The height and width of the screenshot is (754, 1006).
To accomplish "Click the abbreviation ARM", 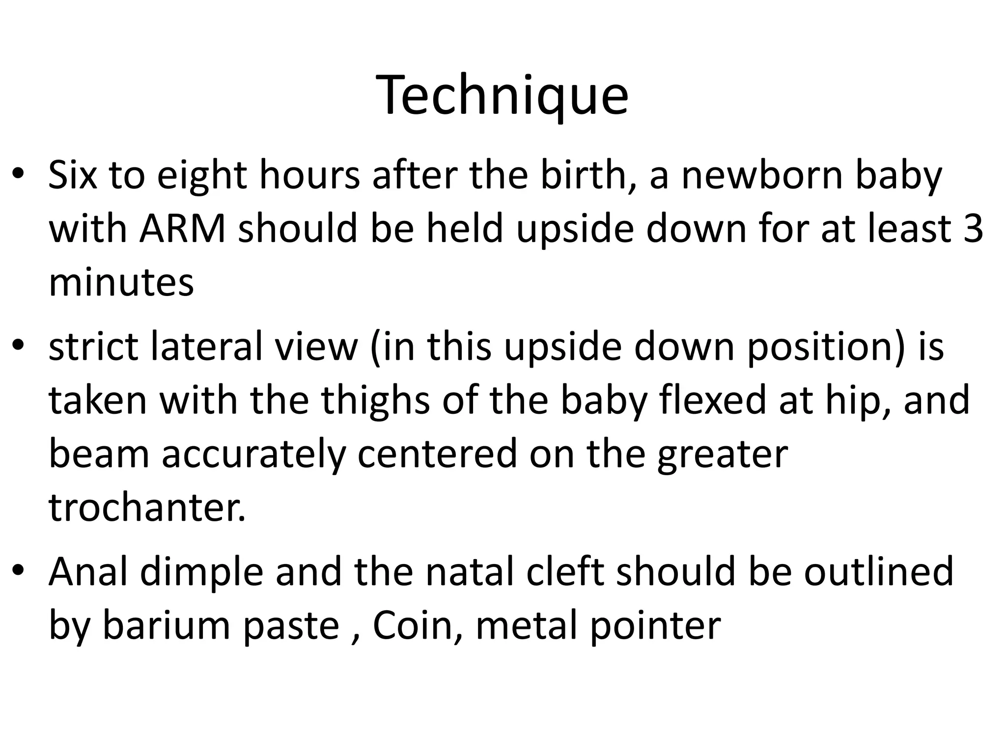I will [x=182, y=230].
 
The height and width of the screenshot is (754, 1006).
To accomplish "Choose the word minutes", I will [x=121, y=283].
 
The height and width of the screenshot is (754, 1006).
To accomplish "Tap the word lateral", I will [x=206, y=347].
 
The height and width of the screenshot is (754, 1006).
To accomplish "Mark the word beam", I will [x=99, y=454].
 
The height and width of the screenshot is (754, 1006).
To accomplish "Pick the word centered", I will [x=437, y=454].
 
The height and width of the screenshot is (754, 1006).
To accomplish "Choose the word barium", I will [x=167, y=625].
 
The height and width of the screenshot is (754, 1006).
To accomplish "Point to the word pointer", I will [x=656, y=626].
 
